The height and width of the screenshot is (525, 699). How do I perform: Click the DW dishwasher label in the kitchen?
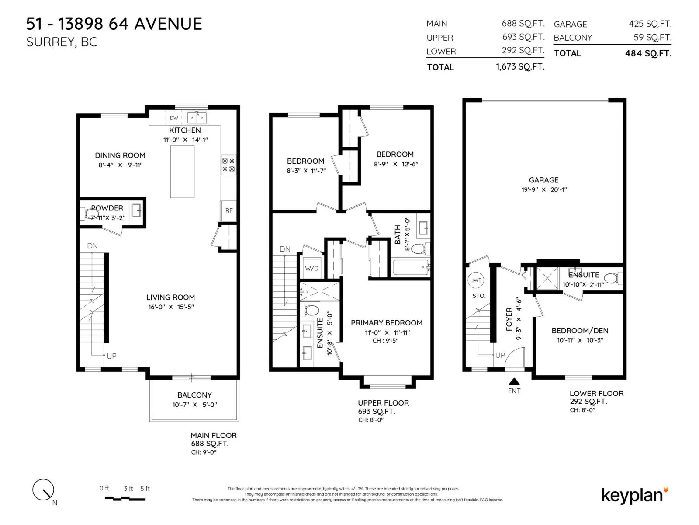coord(173,118)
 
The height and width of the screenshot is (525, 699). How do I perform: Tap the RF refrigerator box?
coord(228,210)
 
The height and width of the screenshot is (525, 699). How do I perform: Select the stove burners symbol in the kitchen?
coord(228,165)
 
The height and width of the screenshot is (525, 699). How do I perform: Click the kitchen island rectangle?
coord(182,171)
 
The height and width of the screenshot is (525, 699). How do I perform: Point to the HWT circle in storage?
coord(475,280)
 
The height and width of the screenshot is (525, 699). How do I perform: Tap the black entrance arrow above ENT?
coord(514,381)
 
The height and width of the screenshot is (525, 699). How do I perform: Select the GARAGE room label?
coord(543,180)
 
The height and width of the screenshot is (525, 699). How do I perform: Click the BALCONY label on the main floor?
coord(194,395)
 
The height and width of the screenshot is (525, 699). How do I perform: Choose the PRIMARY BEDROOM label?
coord(386,322)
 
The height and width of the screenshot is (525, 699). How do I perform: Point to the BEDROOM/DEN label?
coord(580,331)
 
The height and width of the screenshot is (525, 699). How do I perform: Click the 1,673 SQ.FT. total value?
coord(520,66)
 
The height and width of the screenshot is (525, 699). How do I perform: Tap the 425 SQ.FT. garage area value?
coord(650,24)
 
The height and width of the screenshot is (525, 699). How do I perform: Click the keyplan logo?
coord(634,495)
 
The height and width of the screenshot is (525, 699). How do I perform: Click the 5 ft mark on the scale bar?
coord(145,488)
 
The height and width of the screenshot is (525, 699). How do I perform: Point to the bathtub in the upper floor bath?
coord(410,267)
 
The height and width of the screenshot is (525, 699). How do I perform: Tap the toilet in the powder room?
coord(89,213)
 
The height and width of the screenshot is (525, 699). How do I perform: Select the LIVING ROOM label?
coord(170,297)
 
